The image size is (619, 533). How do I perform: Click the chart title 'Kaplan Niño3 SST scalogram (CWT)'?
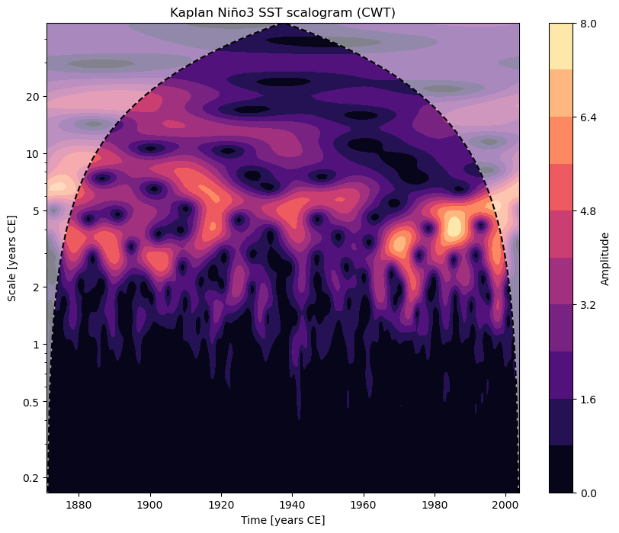click(282, 13)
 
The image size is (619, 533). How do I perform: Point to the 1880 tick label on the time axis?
click(79, 505)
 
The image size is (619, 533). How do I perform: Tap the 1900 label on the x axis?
click(149, 505)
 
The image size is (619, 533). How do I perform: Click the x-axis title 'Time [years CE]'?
click(282, 520)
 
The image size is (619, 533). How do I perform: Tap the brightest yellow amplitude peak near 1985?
click(454, 226)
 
